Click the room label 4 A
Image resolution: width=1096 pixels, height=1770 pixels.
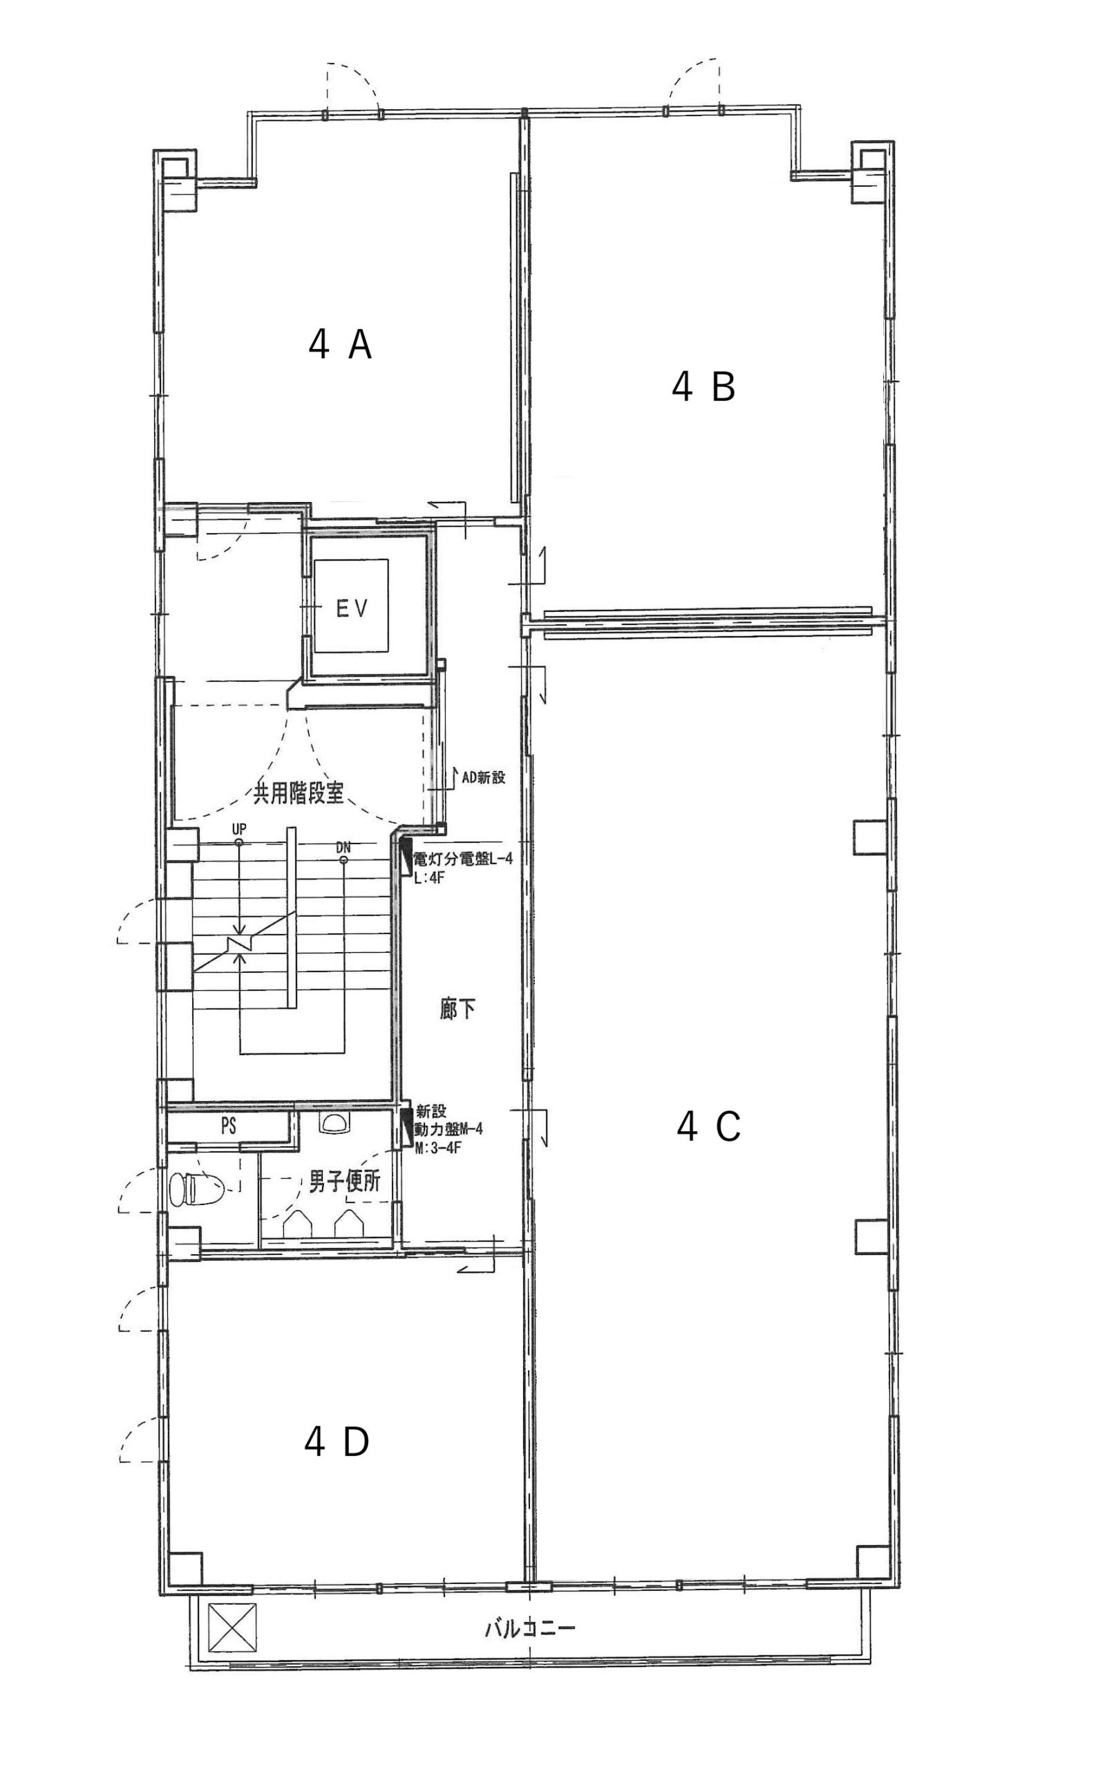340,345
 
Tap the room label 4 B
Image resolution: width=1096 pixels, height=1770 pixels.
703,386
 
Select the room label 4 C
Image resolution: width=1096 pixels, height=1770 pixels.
708,1127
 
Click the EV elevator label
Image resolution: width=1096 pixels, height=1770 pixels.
352,609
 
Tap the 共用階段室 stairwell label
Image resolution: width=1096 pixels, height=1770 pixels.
298,792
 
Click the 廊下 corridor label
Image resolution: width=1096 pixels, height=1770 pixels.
457,1009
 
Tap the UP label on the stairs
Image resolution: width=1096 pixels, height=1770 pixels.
238,828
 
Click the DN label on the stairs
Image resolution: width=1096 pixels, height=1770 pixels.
343,847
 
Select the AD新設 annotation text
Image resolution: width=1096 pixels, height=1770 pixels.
484,777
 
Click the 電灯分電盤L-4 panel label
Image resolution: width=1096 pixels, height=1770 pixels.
462,859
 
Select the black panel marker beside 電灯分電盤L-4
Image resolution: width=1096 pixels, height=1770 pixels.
406,853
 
